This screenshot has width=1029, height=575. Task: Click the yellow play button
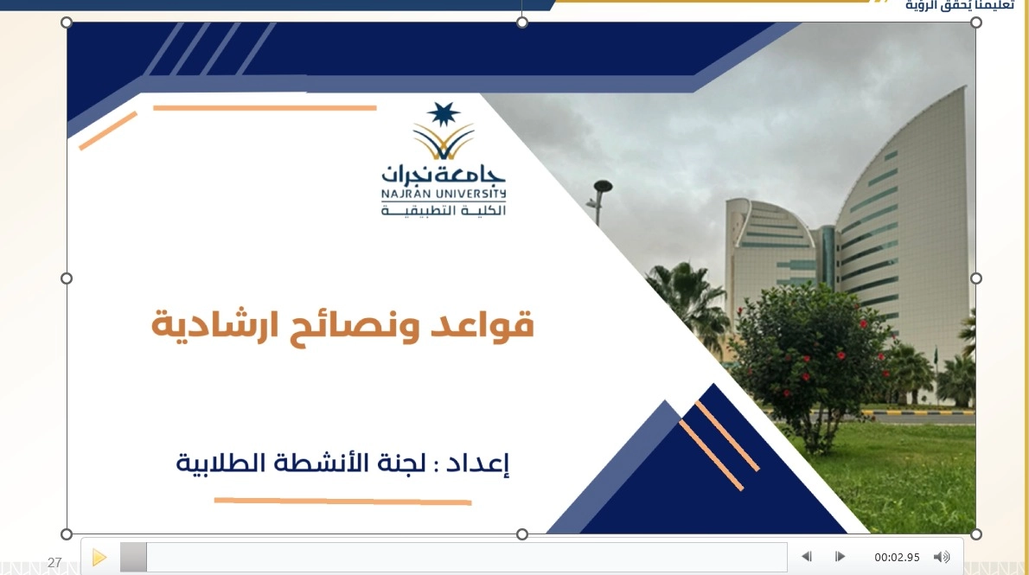(99, 558)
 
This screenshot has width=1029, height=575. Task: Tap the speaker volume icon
(942, 557)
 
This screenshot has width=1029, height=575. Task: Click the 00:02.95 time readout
(897, 558)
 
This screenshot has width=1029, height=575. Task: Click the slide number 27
(54, 563)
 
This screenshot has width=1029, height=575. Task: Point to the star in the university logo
(443, 114)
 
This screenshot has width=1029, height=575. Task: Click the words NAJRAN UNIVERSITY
(444, 194)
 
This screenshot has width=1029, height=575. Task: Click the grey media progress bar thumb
(133, 558)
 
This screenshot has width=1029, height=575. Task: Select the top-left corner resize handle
(67, 22)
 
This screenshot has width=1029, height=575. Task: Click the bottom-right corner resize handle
(976, 534)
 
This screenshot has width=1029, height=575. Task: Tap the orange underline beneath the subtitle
(342, 502)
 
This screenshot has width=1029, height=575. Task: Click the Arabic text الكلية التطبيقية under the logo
(444, 210)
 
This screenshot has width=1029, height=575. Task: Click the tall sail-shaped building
(903, 230)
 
